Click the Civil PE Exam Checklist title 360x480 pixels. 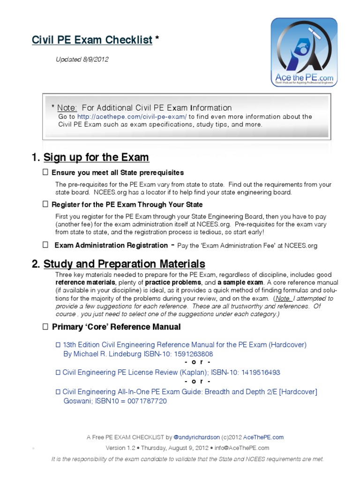coord(92,40)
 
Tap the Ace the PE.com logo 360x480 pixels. coord(304,52)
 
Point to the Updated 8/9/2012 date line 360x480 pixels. coord(82,60)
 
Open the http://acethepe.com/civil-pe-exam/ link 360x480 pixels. coord(132,116)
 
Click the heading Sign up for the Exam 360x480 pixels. coord(96,157)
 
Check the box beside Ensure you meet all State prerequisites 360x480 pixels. coord(45,172)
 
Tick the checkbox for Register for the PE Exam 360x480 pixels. coord(45,204)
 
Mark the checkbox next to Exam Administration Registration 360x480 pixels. coord(45,245)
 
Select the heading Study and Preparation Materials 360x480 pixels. coord(124,263)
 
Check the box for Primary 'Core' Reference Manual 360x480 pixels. coord(45,326)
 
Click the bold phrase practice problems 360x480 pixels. coord(173,283)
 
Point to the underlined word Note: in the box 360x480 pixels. coord(67,108)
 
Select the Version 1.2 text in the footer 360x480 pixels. coord(121,448)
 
